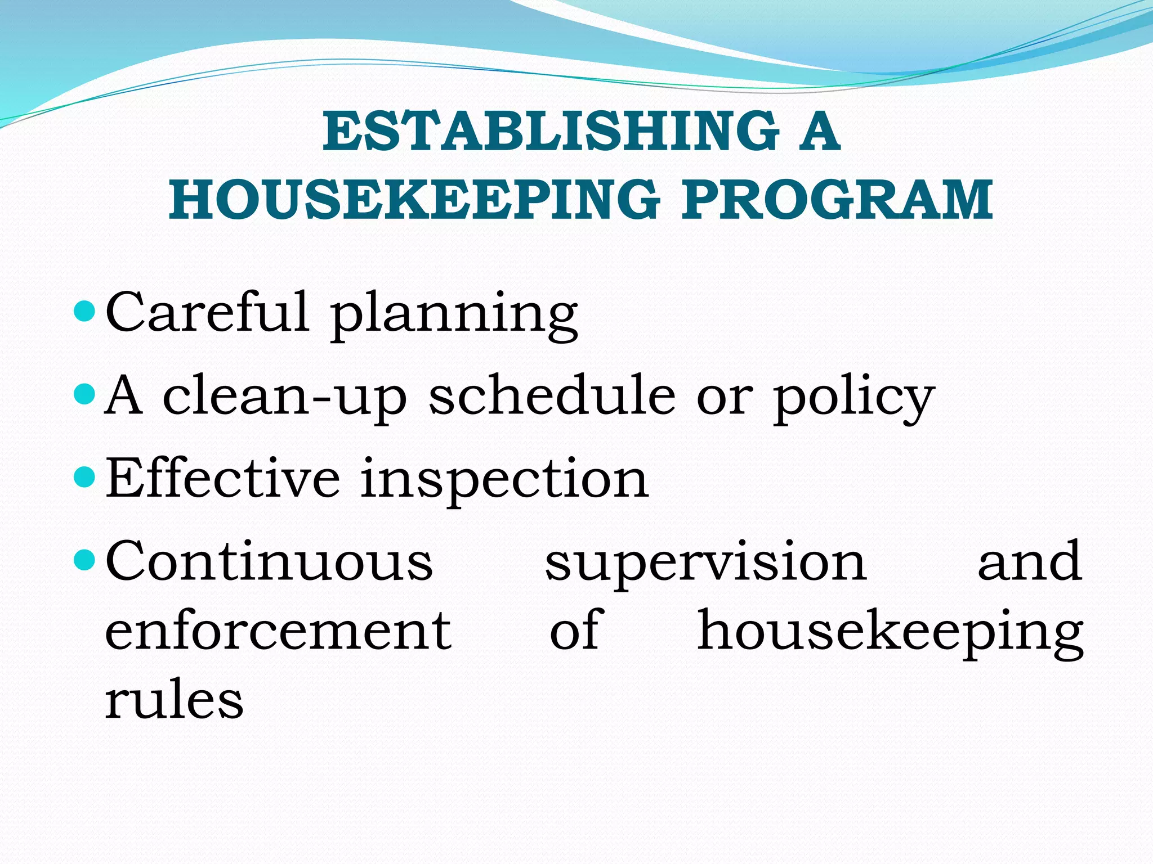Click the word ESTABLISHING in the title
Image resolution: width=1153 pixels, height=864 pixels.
click(551, 131)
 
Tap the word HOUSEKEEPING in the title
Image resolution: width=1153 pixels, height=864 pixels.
click(415, 200)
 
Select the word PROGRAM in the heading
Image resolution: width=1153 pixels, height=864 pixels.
click(837, 200)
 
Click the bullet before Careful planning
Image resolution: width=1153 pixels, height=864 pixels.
click(85, 311)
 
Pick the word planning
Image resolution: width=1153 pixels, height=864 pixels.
click(454, 315)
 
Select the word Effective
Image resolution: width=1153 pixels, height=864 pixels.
click(223, 478)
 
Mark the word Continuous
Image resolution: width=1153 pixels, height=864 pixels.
click(269, 561)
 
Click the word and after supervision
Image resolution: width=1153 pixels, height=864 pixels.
click(1029, 561)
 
